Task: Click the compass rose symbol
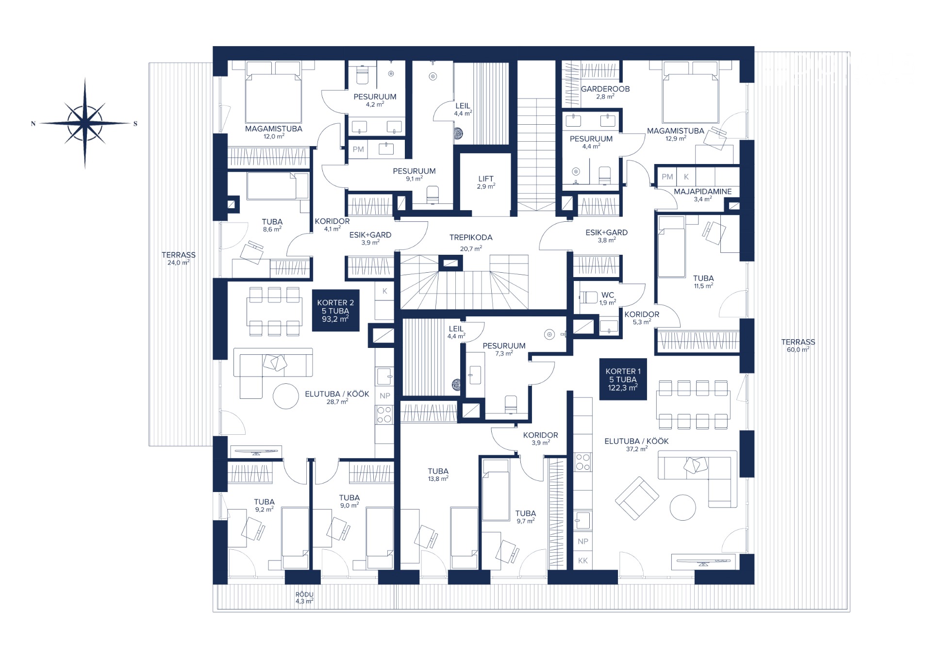tap(85, 123)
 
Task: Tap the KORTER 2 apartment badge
tap(335, 311)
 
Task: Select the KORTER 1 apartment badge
tap(623, 379)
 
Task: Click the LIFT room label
tap(485, 182)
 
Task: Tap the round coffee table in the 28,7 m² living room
tap(286, 396)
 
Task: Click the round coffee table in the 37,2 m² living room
tap(683, 507)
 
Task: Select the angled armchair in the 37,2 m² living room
tap(637, 498)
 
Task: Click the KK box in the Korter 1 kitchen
tap(583, 560)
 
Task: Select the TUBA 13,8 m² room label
tap(438, 475)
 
